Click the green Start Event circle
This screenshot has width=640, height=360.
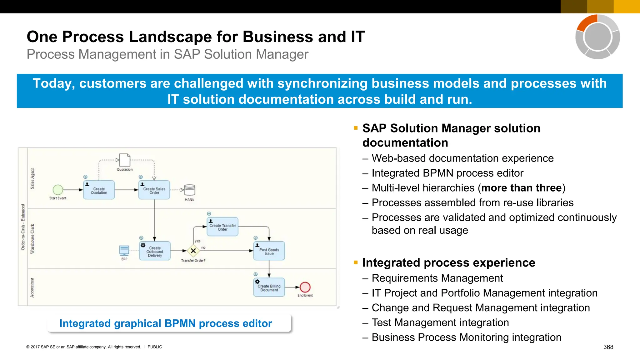pos(58,190)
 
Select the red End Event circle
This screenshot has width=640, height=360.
pos(305,287)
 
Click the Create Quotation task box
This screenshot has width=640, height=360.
pos(99,190)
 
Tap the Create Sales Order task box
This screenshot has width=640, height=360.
pos(154,190)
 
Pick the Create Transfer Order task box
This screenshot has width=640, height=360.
pos(222,227)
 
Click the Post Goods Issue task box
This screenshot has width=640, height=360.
pos(269,251)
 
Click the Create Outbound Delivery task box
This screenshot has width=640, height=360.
pos(155,251)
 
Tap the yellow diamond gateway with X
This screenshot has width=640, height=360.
pos(193,251)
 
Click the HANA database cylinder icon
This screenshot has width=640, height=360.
pos(189,190)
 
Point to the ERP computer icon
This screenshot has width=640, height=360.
pos(124,250)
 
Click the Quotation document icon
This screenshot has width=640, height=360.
pos(124,160)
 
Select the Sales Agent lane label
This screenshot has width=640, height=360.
pos(32,178)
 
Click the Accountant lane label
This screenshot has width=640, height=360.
pos(32,288)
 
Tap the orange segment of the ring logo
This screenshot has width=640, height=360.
pos(587,22)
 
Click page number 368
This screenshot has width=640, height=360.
pos(608,347)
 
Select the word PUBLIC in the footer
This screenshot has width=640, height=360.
pos(155,347)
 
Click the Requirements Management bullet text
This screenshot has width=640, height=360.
pos(437,278)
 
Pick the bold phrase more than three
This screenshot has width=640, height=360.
pos(521,188)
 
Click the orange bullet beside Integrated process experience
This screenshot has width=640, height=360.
pos(356,262)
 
